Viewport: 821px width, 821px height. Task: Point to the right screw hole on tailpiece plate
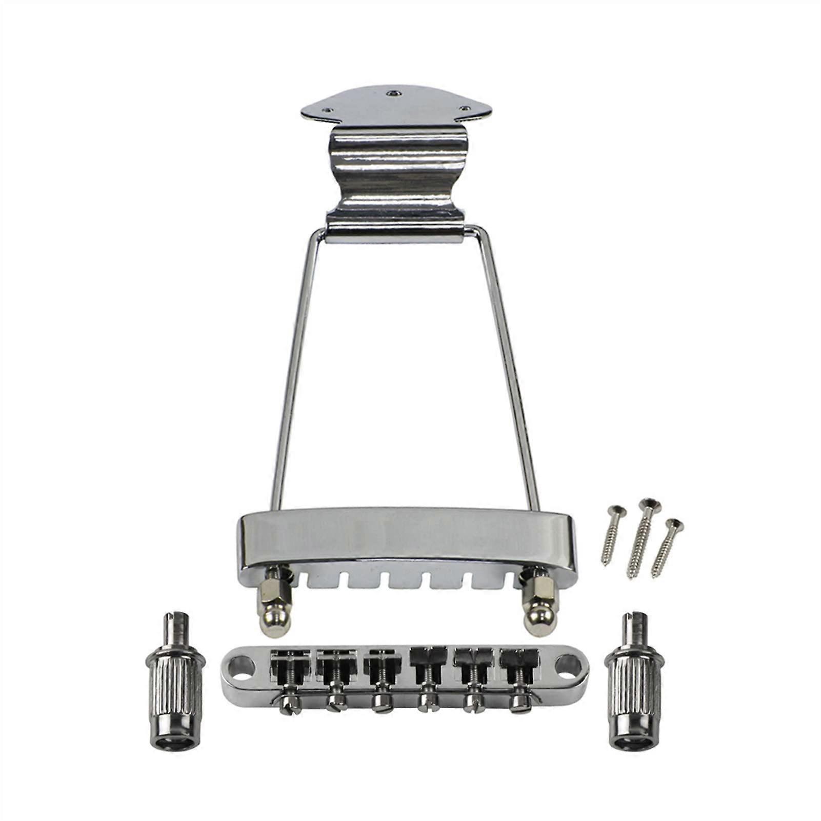point(465,108)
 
